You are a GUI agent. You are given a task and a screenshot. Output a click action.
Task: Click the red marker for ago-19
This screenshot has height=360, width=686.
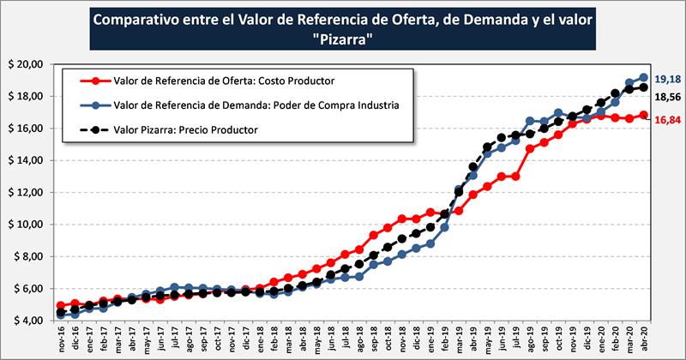[530, 148]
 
